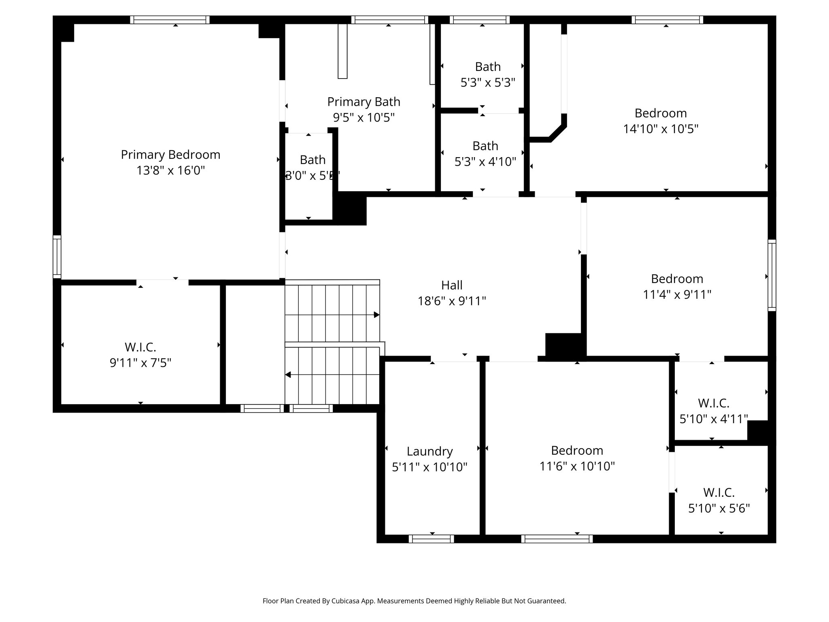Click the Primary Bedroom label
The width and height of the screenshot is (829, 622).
[x=170, y=155]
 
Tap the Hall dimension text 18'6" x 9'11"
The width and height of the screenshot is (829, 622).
[x=452, y=301]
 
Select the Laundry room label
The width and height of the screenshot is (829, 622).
[x=429, y=451]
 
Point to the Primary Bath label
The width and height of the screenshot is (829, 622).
[x=363, y=102]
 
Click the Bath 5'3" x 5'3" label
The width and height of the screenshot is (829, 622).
[x=488, y=67]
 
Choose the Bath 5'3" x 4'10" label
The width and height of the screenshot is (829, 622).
[x=485, y=146]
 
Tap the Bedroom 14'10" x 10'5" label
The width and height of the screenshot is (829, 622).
[x=661, y=113]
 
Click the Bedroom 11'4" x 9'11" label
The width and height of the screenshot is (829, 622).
[x=677, y=279]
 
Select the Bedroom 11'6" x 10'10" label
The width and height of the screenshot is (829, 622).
[x=577, y=450]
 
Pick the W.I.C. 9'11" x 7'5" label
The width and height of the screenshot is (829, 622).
[x=140, y=347]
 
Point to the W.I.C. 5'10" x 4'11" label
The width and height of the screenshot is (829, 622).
[x=713, y=403]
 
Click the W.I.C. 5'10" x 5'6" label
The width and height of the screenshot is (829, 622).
[x=719, y=492]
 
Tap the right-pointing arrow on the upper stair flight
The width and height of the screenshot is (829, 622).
[x=376, y=315]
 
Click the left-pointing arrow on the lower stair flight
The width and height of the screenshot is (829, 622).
[x=288, y=375]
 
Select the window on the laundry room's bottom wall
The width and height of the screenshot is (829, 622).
[x=431, y=539]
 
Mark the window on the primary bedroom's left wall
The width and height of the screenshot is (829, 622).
[x=57, y=257]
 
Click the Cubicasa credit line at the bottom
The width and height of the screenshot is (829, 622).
[x=414, y=601]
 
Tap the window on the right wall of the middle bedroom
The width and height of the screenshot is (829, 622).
[x=772, y=275]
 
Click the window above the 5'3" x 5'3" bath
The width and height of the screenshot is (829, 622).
[x=479, y=20]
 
